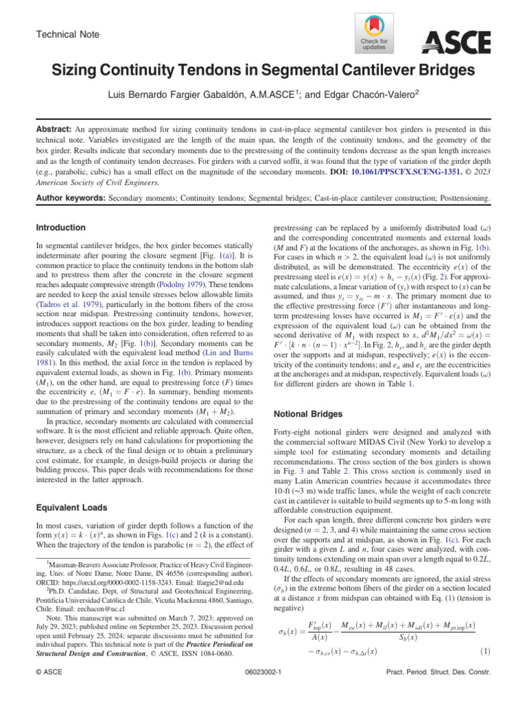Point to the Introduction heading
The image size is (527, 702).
click(x=61, y=227)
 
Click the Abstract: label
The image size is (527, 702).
click(x=53, y=128)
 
